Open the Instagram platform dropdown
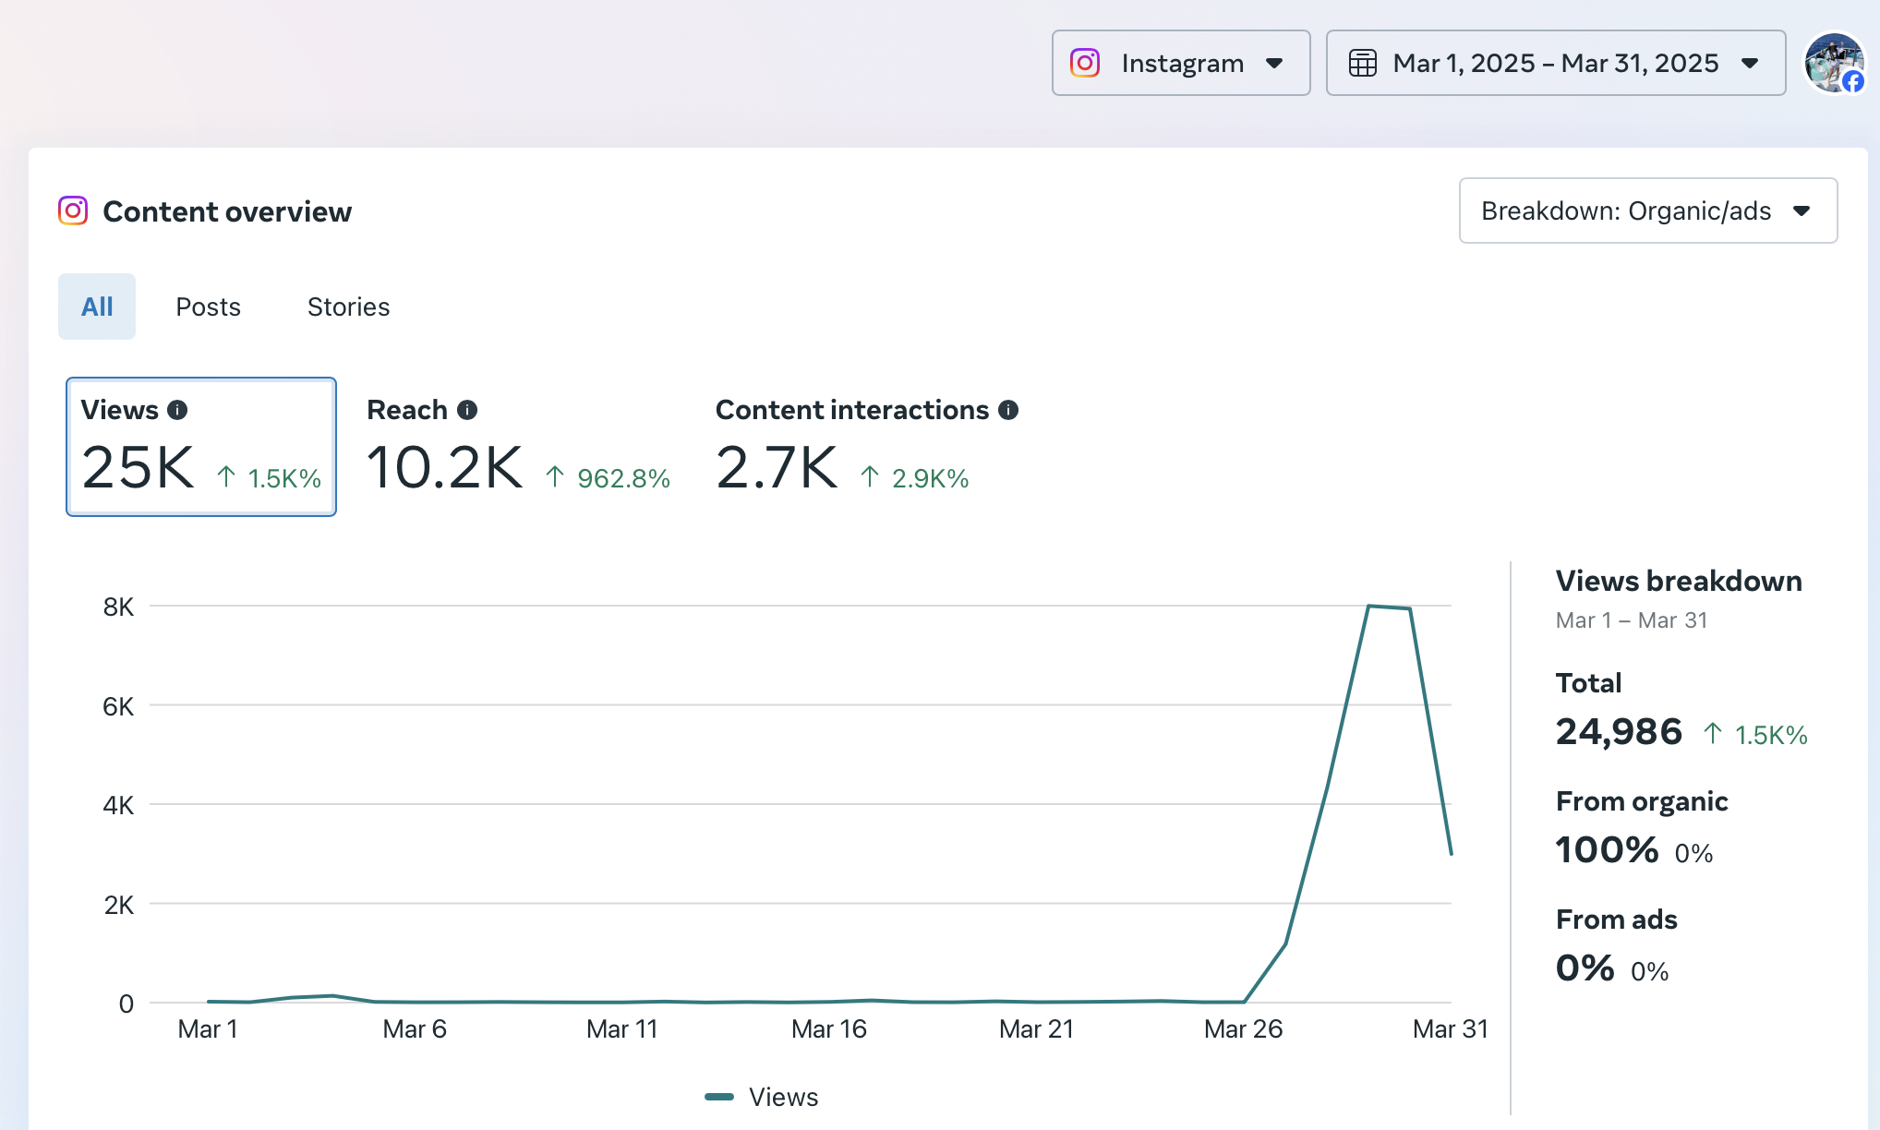click(x=1181, y=63)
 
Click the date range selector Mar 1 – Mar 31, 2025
click(x=1556, y=63)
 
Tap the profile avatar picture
click(x=1835, y=63)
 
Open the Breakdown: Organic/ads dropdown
click(x=1648, y=210)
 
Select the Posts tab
click(x=209, y=307)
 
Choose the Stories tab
click(x=349, y=307)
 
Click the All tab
click(x=97, y=307)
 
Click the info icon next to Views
click(x=177, y=410)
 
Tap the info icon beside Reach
click(x=467, y=410)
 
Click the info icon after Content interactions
click(x=1008, y=410)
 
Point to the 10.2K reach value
click(x=445, y=467)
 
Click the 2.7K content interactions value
click(x=777, y=467)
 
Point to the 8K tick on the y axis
click(x=118, y=607)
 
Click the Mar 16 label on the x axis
click(x=829, y=1029)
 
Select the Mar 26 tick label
click(x=1244, y=1029)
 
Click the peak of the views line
click(x=1368, y=606)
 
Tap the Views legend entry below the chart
click(x=762, y=1097)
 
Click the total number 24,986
click(x=1619, y=732)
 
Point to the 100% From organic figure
click(x=1608, y=850)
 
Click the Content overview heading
click(x=227, y=211)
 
